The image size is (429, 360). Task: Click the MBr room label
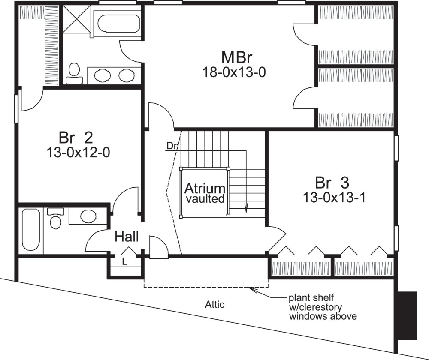(236, 57)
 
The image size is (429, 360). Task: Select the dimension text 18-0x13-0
(235, 72)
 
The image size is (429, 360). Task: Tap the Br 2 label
(76, 138)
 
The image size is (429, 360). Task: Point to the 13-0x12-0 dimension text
(78, 152)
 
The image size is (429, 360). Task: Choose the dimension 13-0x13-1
(334, 198)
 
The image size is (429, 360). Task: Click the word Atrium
(205, 189)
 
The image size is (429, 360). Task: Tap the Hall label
(126, 236)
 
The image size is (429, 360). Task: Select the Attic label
(214, 305)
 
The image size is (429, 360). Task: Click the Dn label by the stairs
(172, 146)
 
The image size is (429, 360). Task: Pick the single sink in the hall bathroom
(88, 216)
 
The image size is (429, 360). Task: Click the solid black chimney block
(407, 315)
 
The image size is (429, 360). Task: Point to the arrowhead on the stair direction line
(246, 210)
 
